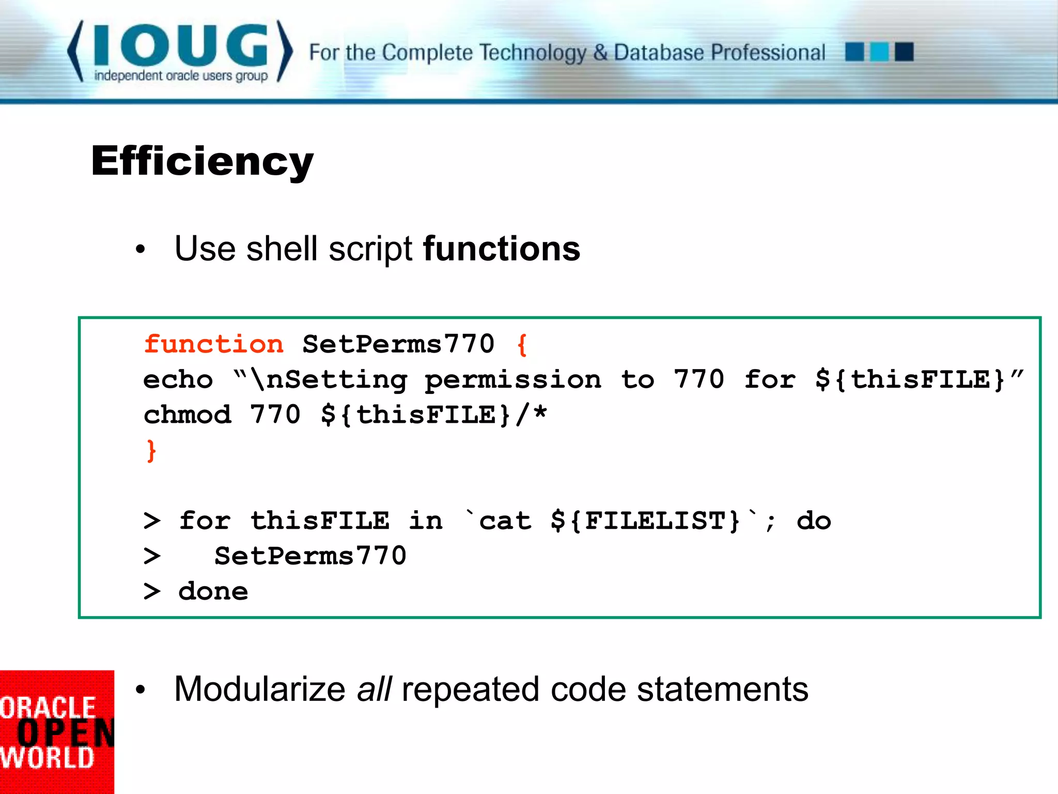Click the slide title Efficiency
click(x=202, y=161)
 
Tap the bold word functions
click(x=502, y=249)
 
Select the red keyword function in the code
click(x=213, y=344)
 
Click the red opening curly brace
click(x=522, y=345)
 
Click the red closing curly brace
click(x=151, y=451)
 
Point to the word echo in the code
click(x=178, y=380)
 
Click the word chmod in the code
click(x=187, y=415)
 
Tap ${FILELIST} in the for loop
click(x=646, y=521)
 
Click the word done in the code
click(x=213, y=591)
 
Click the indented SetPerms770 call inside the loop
click(x=310, y=556)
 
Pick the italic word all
click(x=374, y=689)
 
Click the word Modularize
click(x=260, y=689)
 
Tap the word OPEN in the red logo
click(x=65, y=733)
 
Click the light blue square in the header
click(x=879, y=52)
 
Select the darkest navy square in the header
click(x=904, y=52)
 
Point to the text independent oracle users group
click(x=181, y=76)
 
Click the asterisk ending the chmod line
click(x=540, y=413)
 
